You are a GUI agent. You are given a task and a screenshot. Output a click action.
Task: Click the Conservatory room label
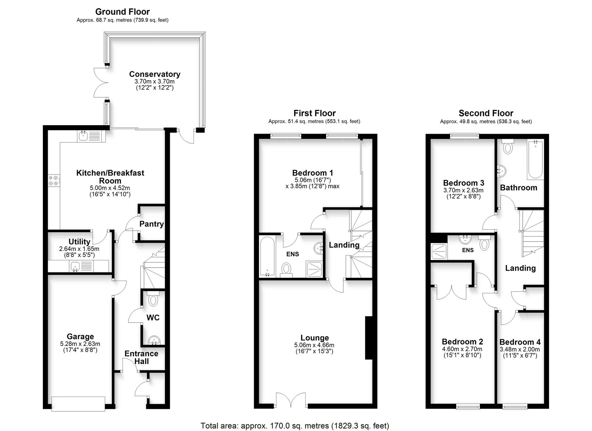pos(155,74)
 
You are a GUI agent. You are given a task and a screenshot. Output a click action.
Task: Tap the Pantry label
pos(151,224)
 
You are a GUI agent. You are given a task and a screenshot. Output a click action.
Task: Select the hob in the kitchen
pos(54,181)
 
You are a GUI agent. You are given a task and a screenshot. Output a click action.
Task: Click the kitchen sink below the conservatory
pos(91,136)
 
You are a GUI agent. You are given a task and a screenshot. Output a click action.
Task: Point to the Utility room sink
pos(81,266)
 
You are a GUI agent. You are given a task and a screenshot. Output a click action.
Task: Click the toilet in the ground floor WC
pos(153,298)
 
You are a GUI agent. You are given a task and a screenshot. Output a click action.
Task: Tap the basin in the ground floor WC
pos(154,340)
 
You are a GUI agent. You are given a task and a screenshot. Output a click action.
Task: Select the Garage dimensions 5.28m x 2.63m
pos(80,344)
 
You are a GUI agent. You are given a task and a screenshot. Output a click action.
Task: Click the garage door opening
pos(78,404)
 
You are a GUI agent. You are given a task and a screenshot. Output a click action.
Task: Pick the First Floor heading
pos(314,113)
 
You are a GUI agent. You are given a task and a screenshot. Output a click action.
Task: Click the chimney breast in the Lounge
pos(369,338)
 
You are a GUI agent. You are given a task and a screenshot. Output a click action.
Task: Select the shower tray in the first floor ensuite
pos(314,269)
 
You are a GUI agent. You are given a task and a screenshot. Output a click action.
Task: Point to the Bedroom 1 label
pos(312,173)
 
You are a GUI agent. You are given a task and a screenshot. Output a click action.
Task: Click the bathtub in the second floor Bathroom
pos(535,160)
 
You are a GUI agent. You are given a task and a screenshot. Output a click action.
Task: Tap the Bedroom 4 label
pos(520,342)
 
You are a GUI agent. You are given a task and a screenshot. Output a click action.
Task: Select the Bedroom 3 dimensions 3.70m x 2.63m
pos(463,190)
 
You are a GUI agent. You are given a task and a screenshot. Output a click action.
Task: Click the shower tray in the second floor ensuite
pos(439,251)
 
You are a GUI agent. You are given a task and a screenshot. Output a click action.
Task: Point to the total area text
pos(295,426)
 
